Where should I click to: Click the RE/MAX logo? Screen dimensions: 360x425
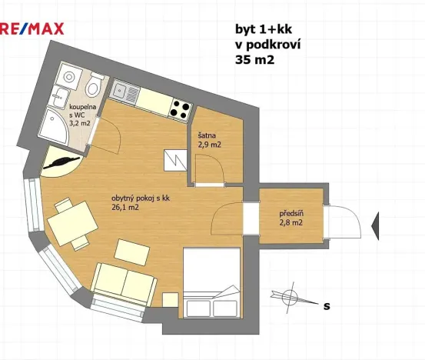click(x=32, y=28)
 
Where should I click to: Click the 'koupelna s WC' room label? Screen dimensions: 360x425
click(x=81, y=114)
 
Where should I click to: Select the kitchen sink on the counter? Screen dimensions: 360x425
click(x=121, y=91)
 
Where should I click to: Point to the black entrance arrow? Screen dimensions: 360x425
click(x=377, y=225)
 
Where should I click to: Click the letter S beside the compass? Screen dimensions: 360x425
click(x=327, y=305)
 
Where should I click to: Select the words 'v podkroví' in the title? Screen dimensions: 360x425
click(x=267, y=45)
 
